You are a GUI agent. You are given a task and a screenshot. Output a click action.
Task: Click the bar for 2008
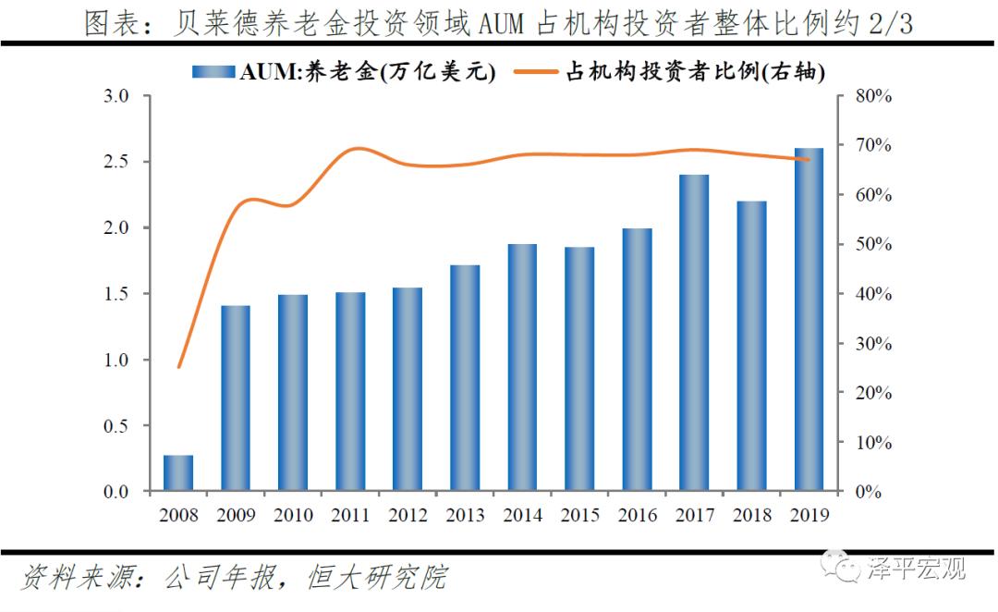[x=178, y=472]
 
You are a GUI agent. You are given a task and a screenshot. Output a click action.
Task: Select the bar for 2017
[x=695, y=333]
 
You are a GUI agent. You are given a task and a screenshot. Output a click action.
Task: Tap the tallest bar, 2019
[x=809, y=320]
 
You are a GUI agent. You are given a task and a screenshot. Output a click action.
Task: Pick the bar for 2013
[x=465, y=378]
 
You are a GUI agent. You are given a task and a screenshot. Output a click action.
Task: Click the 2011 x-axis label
[x=350, y=514]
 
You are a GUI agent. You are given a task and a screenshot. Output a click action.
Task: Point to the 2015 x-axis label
[x=579, y=514]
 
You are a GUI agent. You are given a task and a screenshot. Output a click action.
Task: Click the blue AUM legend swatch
[x=213, y=72]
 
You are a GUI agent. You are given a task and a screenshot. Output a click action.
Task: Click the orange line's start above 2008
[x=178, y=367]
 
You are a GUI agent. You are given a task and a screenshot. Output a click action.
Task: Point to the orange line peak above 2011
[x=359, y=149]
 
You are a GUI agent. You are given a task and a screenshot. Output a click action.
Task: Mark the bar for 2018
[x=752, y=346]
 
